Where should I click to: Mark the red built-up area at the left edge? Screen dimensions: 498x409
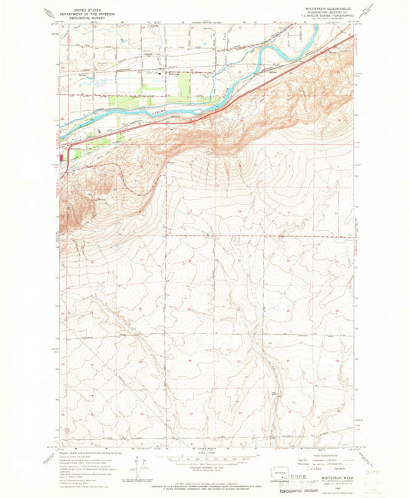(x=61, y=160)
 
